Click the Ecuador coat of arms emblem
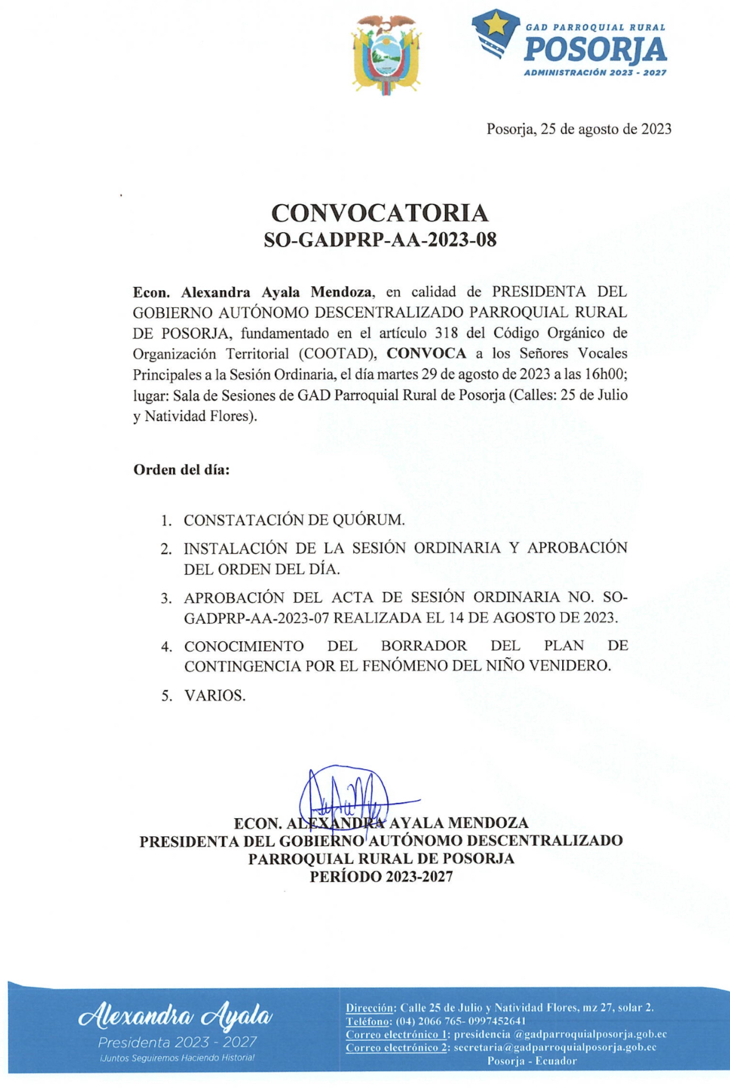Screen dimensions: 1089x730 pyautogui.click(x=387, y=55)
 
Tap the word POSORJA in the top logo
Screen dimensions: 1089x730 pyautogui.click(x=595, y=50)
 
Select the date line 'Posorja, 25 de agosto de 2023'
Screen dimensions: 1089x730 pyautogui.click(x=578, y=129)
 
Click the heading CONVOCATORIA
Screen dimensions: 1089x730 pyautogui.click(x=380, y=213)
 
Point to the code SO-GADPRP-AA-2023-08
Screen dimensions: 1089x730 pyautogui.click(x=380, y=240)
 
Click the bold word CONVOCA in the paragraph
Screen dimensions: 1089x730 pyautogui.click(x=426, y=353)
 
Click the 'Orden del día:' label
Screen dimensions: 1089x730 pyautogui.click(x=181, y=470)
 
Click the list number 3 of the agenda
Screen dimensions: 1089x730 pyautogui.click(x=166, y=599)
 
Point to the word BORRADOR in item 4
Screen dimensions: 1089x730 pyautogui.click(x=424, y=646)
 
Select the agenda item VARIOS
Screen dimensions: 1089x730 pyautogui.click(x=215, y=696)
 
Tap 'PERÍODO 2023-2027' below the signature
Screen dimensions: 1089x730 pyautogui.click(x=381, y=877)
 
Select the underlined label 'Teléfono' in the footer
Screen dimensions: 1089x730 pyautogui.click(x=368, y=1021)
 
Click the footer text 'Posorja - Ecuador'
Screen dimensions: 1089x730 pyautogui.click(x=532, y=1061)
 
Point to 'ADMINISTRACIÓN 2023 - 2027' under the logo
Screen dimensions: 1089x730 pyautogui.click(x=595, y=73)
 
